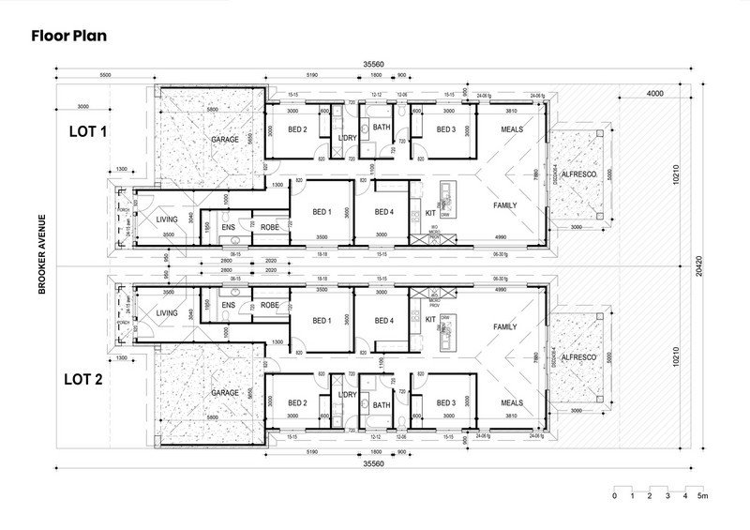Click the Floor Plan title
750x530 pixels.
(x=69, y=37)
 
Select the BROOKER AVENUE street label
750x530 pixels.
(x=43, y=254)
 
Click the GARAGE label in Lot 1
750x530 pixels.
(x=225, y=139)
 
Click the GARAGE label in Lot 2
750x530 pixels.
(x=225, y=392)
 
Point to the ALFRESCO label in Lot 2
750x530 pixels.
(x=579, y=357)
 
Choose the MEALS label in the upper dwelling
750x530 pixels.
(x=511, y=129)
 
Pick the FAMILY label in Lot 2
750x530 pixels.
(x=505, y=327)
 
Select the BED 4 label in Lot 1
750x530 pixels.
(x=384, y=212)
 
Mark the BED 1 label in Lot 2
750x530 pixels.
(x=322, y=321)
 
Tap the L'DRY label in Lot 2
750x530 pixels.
(x=345, y=394)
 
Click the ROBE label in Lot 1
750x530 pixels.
(x=269, y=227)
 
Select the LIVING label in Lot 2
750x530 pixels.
(x=167, y=313)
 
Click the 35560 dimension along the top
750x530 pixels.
(x=375, y=65)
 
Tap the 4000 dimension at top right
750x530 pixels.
(x=654, y=93)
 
